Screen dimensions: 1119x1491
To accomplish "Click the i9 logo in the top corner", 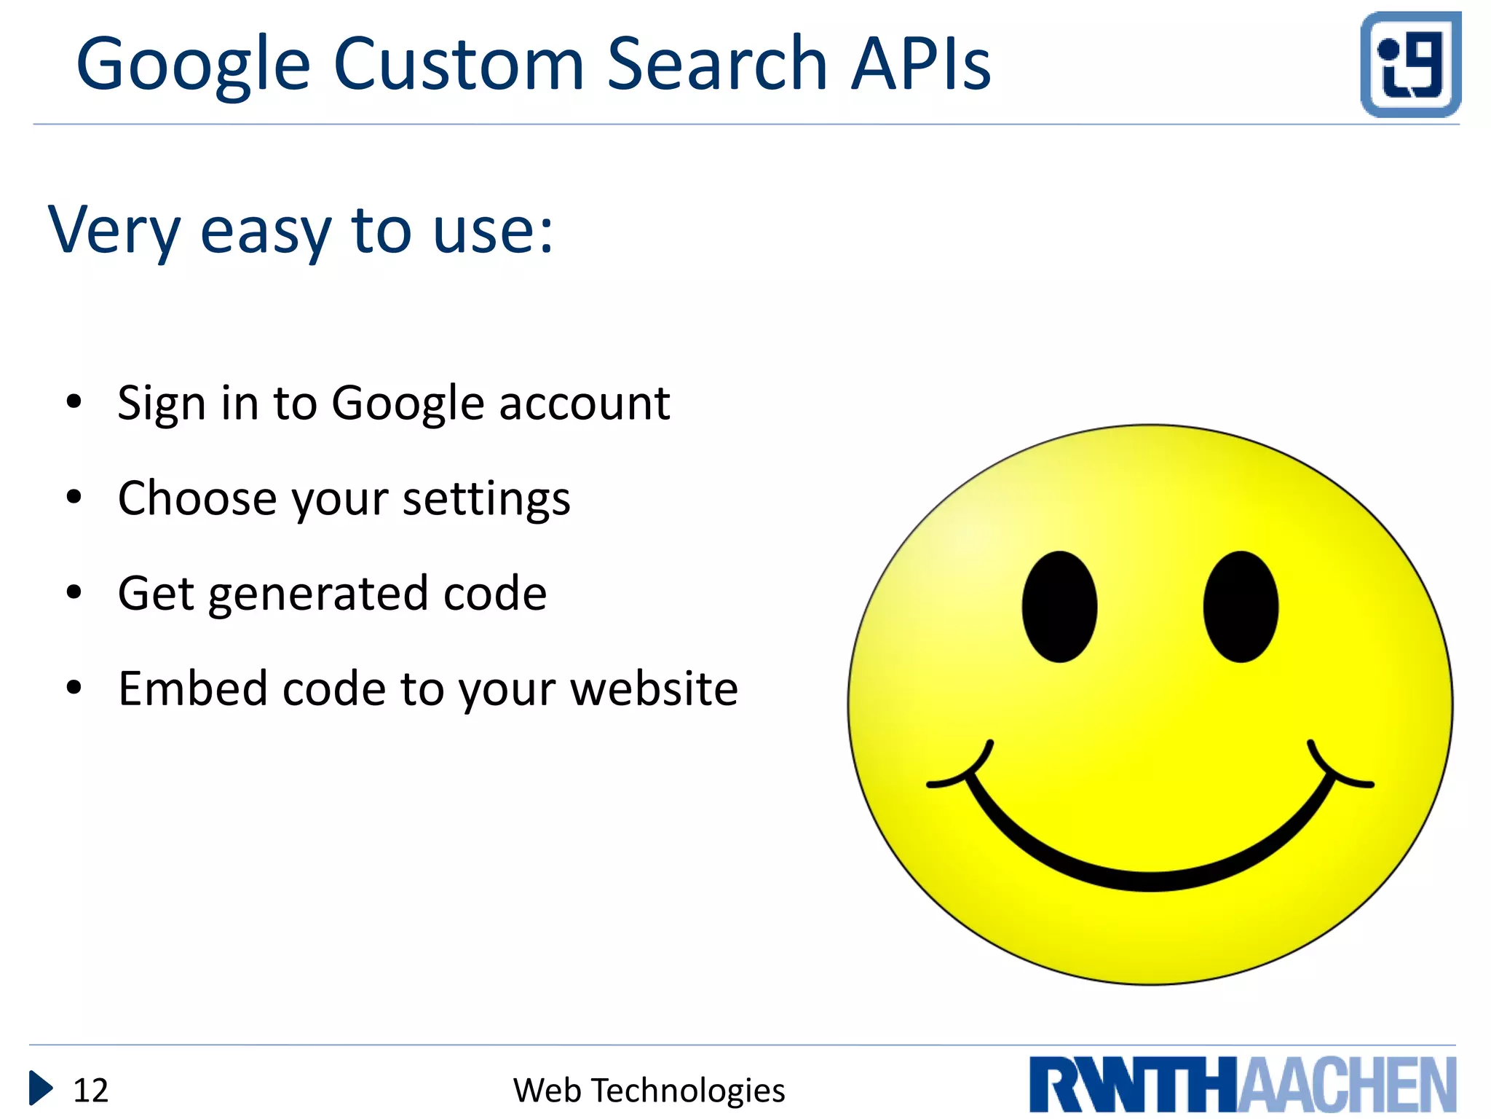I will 1410,64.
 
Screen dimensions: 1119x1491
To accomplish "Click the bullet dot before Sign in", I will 74,401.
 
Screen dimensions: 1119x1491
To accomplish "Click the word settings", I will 486,500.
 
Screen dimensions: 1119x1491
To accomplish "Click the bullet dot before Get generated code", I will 74,592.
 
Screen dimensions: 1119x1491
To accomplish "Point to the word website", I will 654,688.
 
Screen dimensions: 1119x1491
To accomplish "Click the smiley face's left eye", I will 1059,606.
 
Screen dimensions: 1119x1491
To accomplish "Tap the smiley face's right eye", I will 1241,606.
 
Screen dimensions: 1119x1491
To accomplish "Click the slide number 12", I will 91,1091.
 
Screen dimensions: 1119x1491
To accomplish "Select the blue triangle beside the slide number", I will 41,1088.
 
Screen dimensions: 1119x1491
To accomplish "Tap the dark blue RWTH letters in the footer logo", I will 1133,1085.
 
